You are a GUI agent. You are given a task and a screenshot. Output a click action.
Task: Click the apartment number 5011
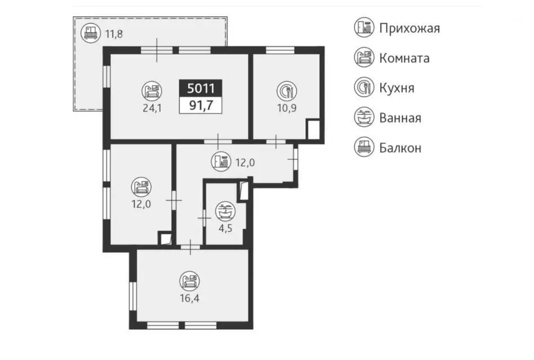tap(201, 88)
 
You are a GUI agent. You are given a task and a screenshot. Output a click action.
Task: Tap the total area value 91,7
tap(201, 105)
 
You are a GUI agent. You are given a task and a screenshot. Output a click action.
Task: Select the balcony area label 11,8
tap(114, 34)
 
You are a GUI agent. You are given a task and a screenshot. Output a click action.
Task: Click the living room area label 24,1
tap(152, 108)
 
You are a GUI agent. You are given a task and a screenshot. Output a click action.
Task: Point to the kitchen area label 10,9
tap(287, 108)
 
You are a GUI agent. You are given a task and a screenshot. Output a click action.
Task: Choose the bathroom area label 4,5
tap(225, 228)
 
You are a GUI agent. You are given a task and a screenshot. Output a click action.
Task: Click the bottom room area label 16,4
tap(190, 299)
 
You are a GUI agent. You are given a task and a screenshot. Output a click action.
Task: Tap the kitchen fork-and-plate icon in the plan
tap(287, 91)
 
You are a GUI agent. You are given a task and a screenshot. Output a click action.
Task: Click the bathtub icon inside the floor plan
tap(225, 211)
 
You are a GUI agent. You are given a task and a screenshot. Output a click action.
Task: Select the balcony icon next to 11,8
tap(91, 33)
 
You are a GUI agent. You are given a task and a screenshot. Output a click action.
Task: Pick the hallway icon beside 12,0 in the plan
tap(221, 161)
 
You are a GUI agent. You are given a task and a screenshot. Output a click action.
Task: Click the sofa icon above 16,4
tap(190, 281)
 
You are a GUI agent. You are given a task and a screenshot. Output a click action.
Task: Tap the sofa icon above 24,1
tap(152, 91)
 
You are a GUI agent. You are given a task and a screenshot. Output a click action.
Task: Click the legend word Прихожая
tap(410, 28)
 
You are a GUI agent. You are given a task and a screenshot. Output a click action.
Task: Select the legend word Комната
tap(404, 58)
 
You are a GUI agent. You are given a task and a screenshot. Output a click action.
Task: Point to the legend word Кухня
tap(397, 88)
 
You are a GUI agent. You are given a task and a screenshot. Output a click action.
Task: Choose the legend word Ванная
tap(400, 118)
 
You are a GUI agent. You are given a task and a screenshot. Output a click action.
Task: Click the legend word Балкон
tap(400, 148)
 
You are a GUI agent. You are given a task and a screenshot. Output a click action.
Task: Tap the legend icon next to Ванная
tap(364, 117)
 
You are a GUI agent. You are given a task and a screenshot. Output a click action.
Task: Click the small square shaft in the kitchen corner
tap(313, 130)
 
